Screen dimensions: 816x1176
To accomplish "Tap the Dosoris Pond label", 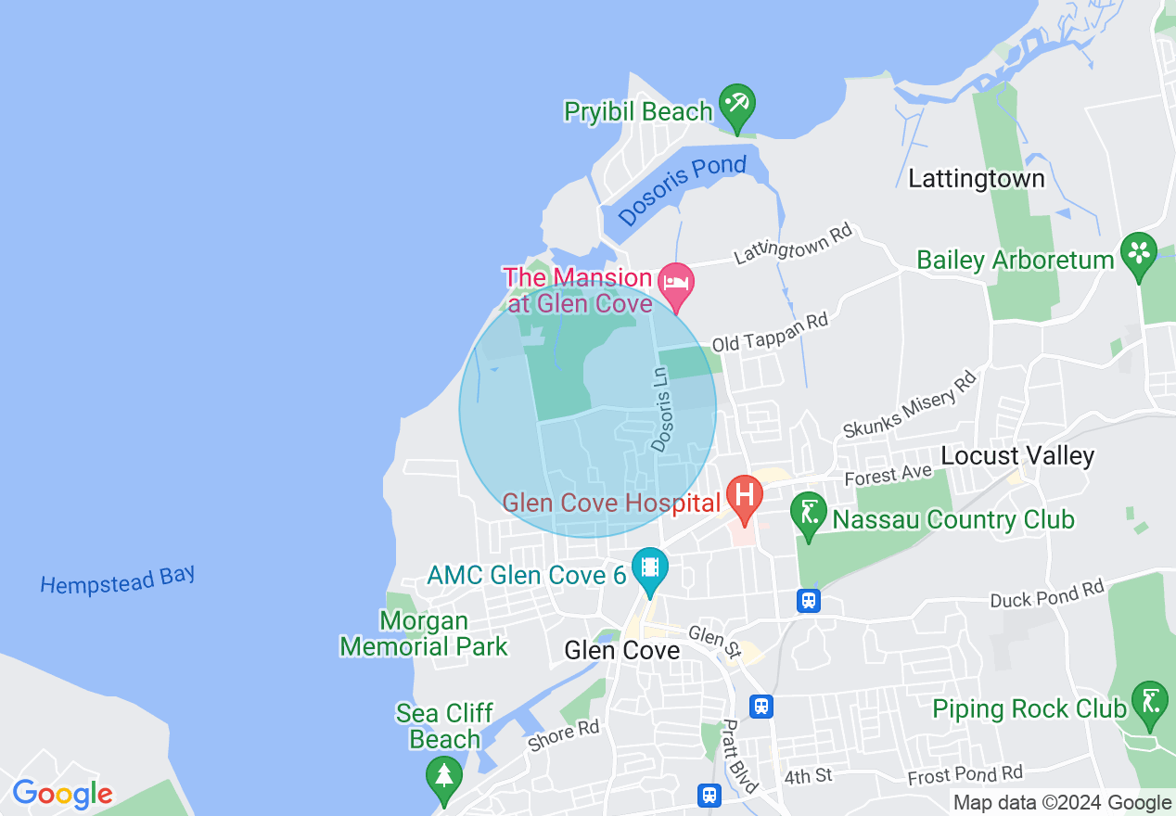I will tap(682, 189).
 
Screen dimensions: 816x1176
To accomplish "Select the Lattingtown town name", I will tap(976, 178).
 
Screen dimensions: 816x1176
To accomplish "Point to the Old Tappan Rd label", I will tap(769, 332).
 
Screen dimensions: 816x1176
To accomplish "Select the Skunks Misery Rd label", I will tap(910, 403).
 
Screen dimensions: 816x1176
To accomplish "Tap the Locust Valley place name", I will tap(1017, 456).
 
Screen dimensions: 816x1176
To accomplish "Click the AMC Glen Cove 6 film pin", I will tap(650, 567).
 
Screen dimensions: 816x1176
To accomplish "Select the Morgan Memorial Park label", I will tap(424, 633).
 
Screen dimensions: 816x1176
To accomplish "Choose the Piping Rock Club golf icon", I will tap(1150, 703).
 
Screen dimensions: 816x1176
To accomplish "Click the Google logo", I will tap(62, 794).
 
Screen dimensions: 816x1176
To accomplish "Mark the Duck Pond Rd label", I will tap(1047, 593).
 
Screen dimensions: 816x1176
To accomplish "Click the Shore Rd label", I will tap(563, 735).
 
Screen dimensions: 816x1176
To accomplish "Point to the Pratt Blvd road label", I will tap(740, 750).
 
